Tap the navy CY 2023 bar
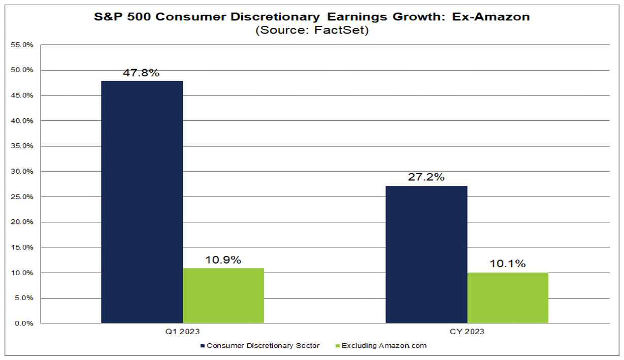(x=426, y=254)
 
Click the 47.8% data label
(x=141, y=73)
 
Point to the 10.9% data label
(x=223, y=260)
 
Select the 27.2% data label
(x=426, y=177)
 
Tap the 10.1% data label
(x=508, y=264)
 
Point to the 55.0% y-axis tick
(x=21, y=45)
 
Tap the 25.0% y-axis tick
(x=21, y=197)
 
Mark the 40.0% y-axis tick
(x=21, y=121)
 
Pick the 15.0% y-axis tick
(x=21, y=247)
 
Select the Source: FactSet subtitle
(x=311, y=30)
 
